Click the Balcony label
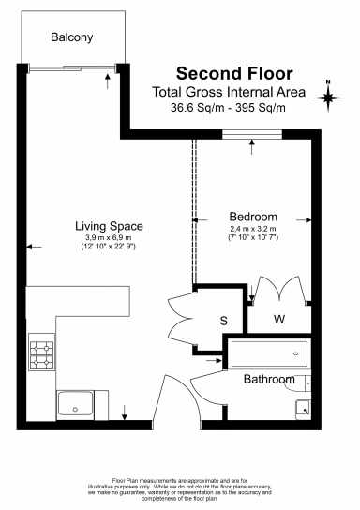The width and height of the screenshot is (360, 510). (x=71, y=37)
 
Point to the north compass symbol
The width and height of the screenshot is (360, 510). (x=328, y=95)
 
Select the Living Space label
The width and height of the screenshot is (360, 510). (x=109, y=226)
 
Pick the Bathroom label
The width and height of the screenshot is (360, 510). (x=270, y=380)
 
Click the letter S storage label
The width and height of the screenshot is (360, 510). (x=224, y=321)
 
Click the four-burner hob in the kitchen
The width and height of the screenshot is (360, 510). (x=42, y=354)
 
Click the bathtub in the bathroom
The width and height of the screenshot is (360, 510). (x=267, y=354)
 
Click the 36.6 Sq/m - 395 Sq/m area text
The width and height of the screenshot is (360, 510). (x=228, y=108)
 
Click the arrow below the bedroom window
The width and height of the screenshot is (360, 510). (x=252, y=144)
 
